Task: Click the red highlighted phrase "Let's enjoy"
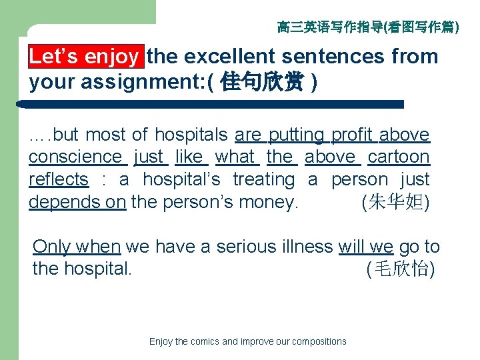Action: point(84,57)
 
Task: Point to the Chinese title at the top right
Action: point(367,27)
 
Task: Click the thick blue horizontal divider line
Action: point(213,105)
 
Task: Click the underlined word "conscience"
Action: point(75,157)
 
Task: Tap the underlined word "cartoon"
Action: point(399,157)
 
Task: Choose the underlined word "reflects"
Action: point(59,180)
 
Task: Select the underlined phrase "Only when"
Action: point(77,247)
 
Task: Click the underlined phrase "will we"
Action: point(366,247)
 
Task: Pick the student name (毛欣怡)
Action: point(400,270)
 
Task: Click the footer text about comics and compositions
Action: point(248,342)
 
